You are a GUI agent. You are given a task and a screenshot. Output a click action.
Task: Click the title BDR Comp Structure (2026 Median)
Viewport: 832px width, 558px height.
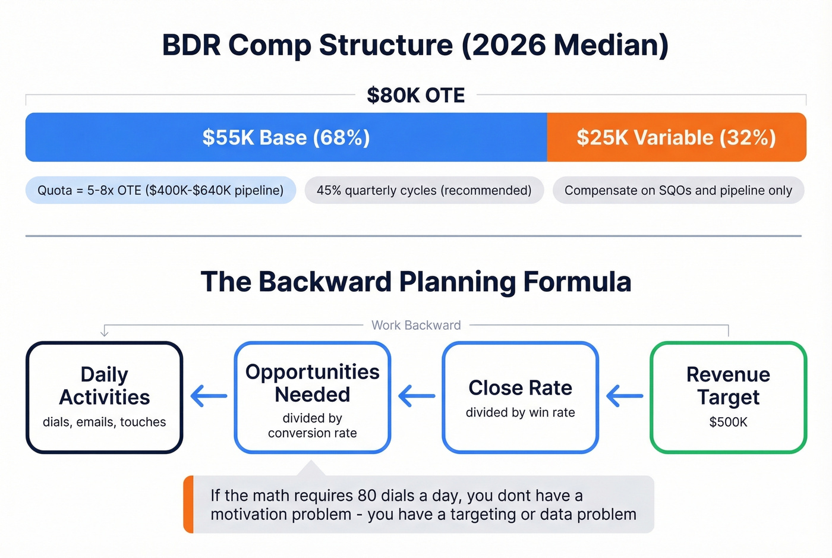click(415, 45)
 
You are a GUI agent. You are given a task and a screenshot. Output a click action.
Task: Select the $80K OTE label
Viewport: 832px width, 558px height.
click(415, 95)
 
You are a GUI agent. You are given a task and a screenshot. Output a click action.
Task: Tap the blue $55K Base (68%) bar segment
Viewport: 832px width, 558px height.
click(286, 137)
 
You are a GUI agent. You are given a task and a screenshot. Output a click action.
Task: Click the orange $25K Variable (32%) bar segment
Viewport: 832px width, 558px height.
click(676, 137)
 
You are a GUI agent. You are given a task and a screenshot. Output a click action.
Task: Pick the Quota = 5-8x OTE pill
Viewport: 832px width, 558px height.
click(160, 190)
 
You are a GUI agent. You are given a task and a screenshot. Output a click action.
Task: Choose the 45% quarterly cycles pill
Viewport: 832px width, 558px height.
click(424, 190)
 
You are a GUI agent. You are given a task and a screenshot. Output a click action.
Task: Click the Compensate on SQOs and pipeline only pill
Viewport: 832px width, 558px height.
click(678, 190)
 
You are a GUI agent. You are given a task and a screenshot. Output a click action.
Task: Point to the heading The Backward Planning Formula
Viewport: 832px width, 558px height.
click(415, 282)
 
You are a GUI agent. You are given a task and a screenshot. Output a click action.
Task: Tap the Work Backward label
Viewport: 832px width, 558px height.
click(416, 325)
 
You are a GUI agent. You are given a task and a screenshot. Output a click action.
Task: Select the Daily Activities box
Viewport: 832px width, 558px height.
click(105, 397)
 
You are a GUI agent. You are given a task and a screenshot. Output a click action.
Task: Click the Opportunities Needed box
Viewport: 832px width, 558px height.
click(313, 397)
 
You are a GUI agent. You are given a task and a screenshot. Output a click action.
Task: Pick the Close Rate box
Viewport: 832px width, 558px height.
click(520, 397)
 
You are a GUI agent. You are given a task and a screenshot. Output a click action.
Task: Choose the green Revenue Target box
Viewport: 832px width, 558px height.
click(728, 397)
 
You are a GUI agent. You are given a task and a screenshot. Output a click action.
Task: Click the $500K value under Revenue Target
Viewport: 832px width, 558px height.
click(728, 422)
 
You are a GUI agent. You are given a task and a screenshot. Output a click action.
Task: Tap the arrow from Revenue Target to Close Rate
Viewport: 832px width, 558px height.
click(625, 396)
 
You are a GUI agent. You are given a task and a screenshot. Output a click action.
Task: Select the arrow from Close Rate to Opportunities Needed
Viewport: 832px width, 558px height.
click(417, 396)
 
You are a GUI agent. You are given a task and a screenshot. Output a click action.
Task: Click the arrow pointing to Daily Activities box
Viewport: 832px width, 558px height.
click(209, 396)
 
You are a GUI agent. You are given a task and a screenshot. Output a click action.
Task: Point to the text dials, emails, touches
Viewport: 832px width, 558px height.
click(105, 422)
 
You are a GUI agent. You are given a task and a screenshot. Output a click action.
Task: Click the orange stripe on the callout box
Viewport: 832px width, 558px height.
click(188, 505)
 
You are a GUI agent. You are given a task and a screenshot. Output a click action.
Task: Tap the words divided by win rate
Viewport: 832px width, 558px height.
click(520, 412)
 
